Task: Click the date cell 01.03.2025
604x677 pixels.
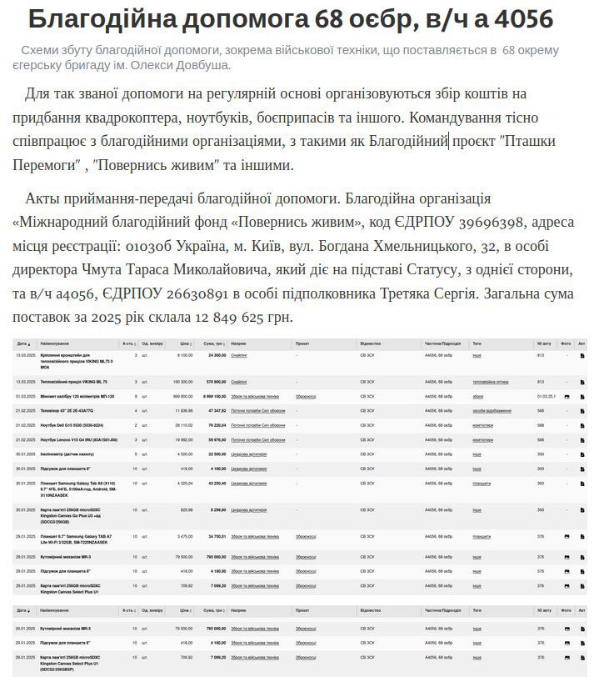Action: coord(24,396)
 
